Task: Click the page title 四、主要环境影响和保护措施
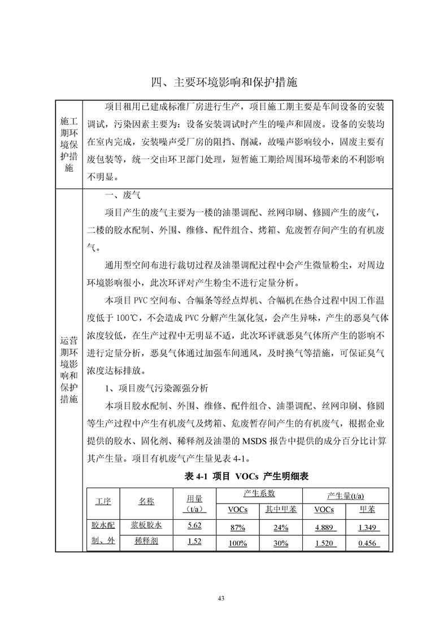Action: pyautogui.click(x=224, y=82)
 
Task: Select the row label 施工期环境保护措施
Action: pyautogui.click(x=69, y=145)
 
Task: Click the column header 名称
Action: pyautogui.click(x=146, y=501)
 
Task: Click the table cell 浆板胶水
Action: pyautogui.click(x=146, y=525)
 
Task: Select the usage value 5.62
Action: pyautogui.click(x=194, y=526)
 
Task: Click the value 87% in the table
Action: pyautogui.click(x=237, y=528)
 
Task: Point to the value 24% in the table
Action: pyautogui.click(x=281, y=528)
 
